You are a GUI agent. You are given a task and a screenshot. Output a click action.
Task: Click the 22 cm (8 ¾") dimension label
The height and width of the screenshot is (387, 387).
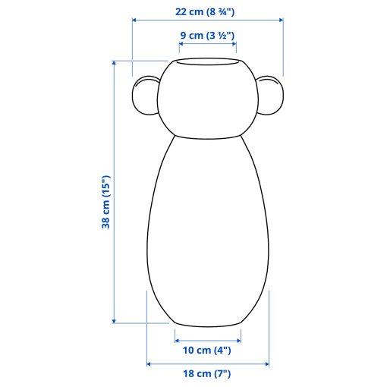tap(205, 12)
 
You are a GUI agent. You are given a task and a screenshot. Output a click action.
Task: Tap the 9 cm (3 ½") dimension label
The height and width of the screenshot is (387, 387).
tap(207, 35)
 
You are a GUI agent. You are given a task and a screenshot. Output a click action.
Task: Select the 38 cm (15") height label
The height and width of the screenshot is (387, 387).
tap(105, 202)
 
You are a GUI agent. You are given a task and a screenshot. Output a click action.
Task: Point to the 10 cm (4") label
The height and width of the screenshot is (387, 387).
tap(207, 351)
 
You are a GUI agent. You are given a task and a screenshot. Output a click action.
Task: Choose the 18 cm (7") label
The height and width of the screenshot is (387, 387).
tap(207, 373)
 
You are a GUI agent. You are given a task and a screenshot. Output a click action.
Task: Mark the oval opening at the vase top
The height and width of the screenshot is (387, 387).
tap(207, 61)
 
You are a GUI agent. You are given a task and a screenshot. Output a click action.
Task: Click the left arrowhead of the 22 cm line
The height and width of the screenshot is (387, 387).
tap(134, 20)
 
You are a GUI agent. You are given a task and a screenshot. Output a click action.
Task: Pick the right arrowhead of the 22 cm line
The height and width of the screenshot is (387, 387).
tap(281, 20)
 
